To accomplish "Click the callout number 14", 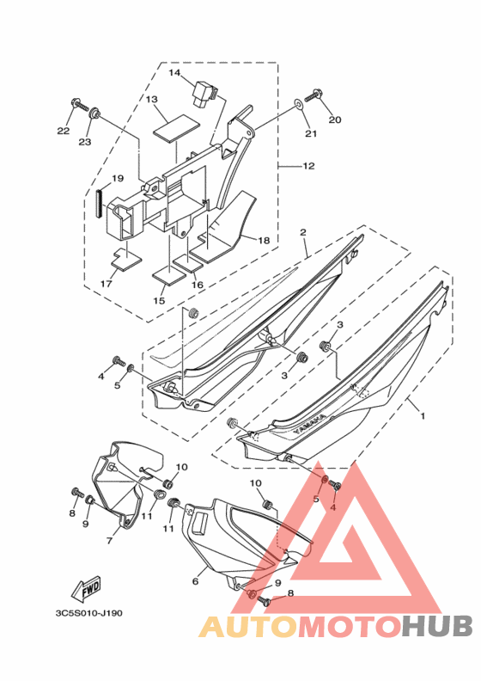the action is tap(174, 72).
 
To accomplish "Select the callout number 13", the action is tap(151, 100).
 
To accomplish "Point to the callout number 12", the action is tap(308, 165).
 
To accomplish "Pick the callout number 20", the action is tap(335, 120).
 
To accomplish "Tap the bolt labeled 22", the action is tap(79, 103).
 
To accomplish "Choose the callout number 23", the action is tap(84, 142).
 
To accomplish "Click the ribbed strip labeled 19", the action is tap(100, 199).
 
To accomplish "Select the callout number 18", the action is tap(264, 240).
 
